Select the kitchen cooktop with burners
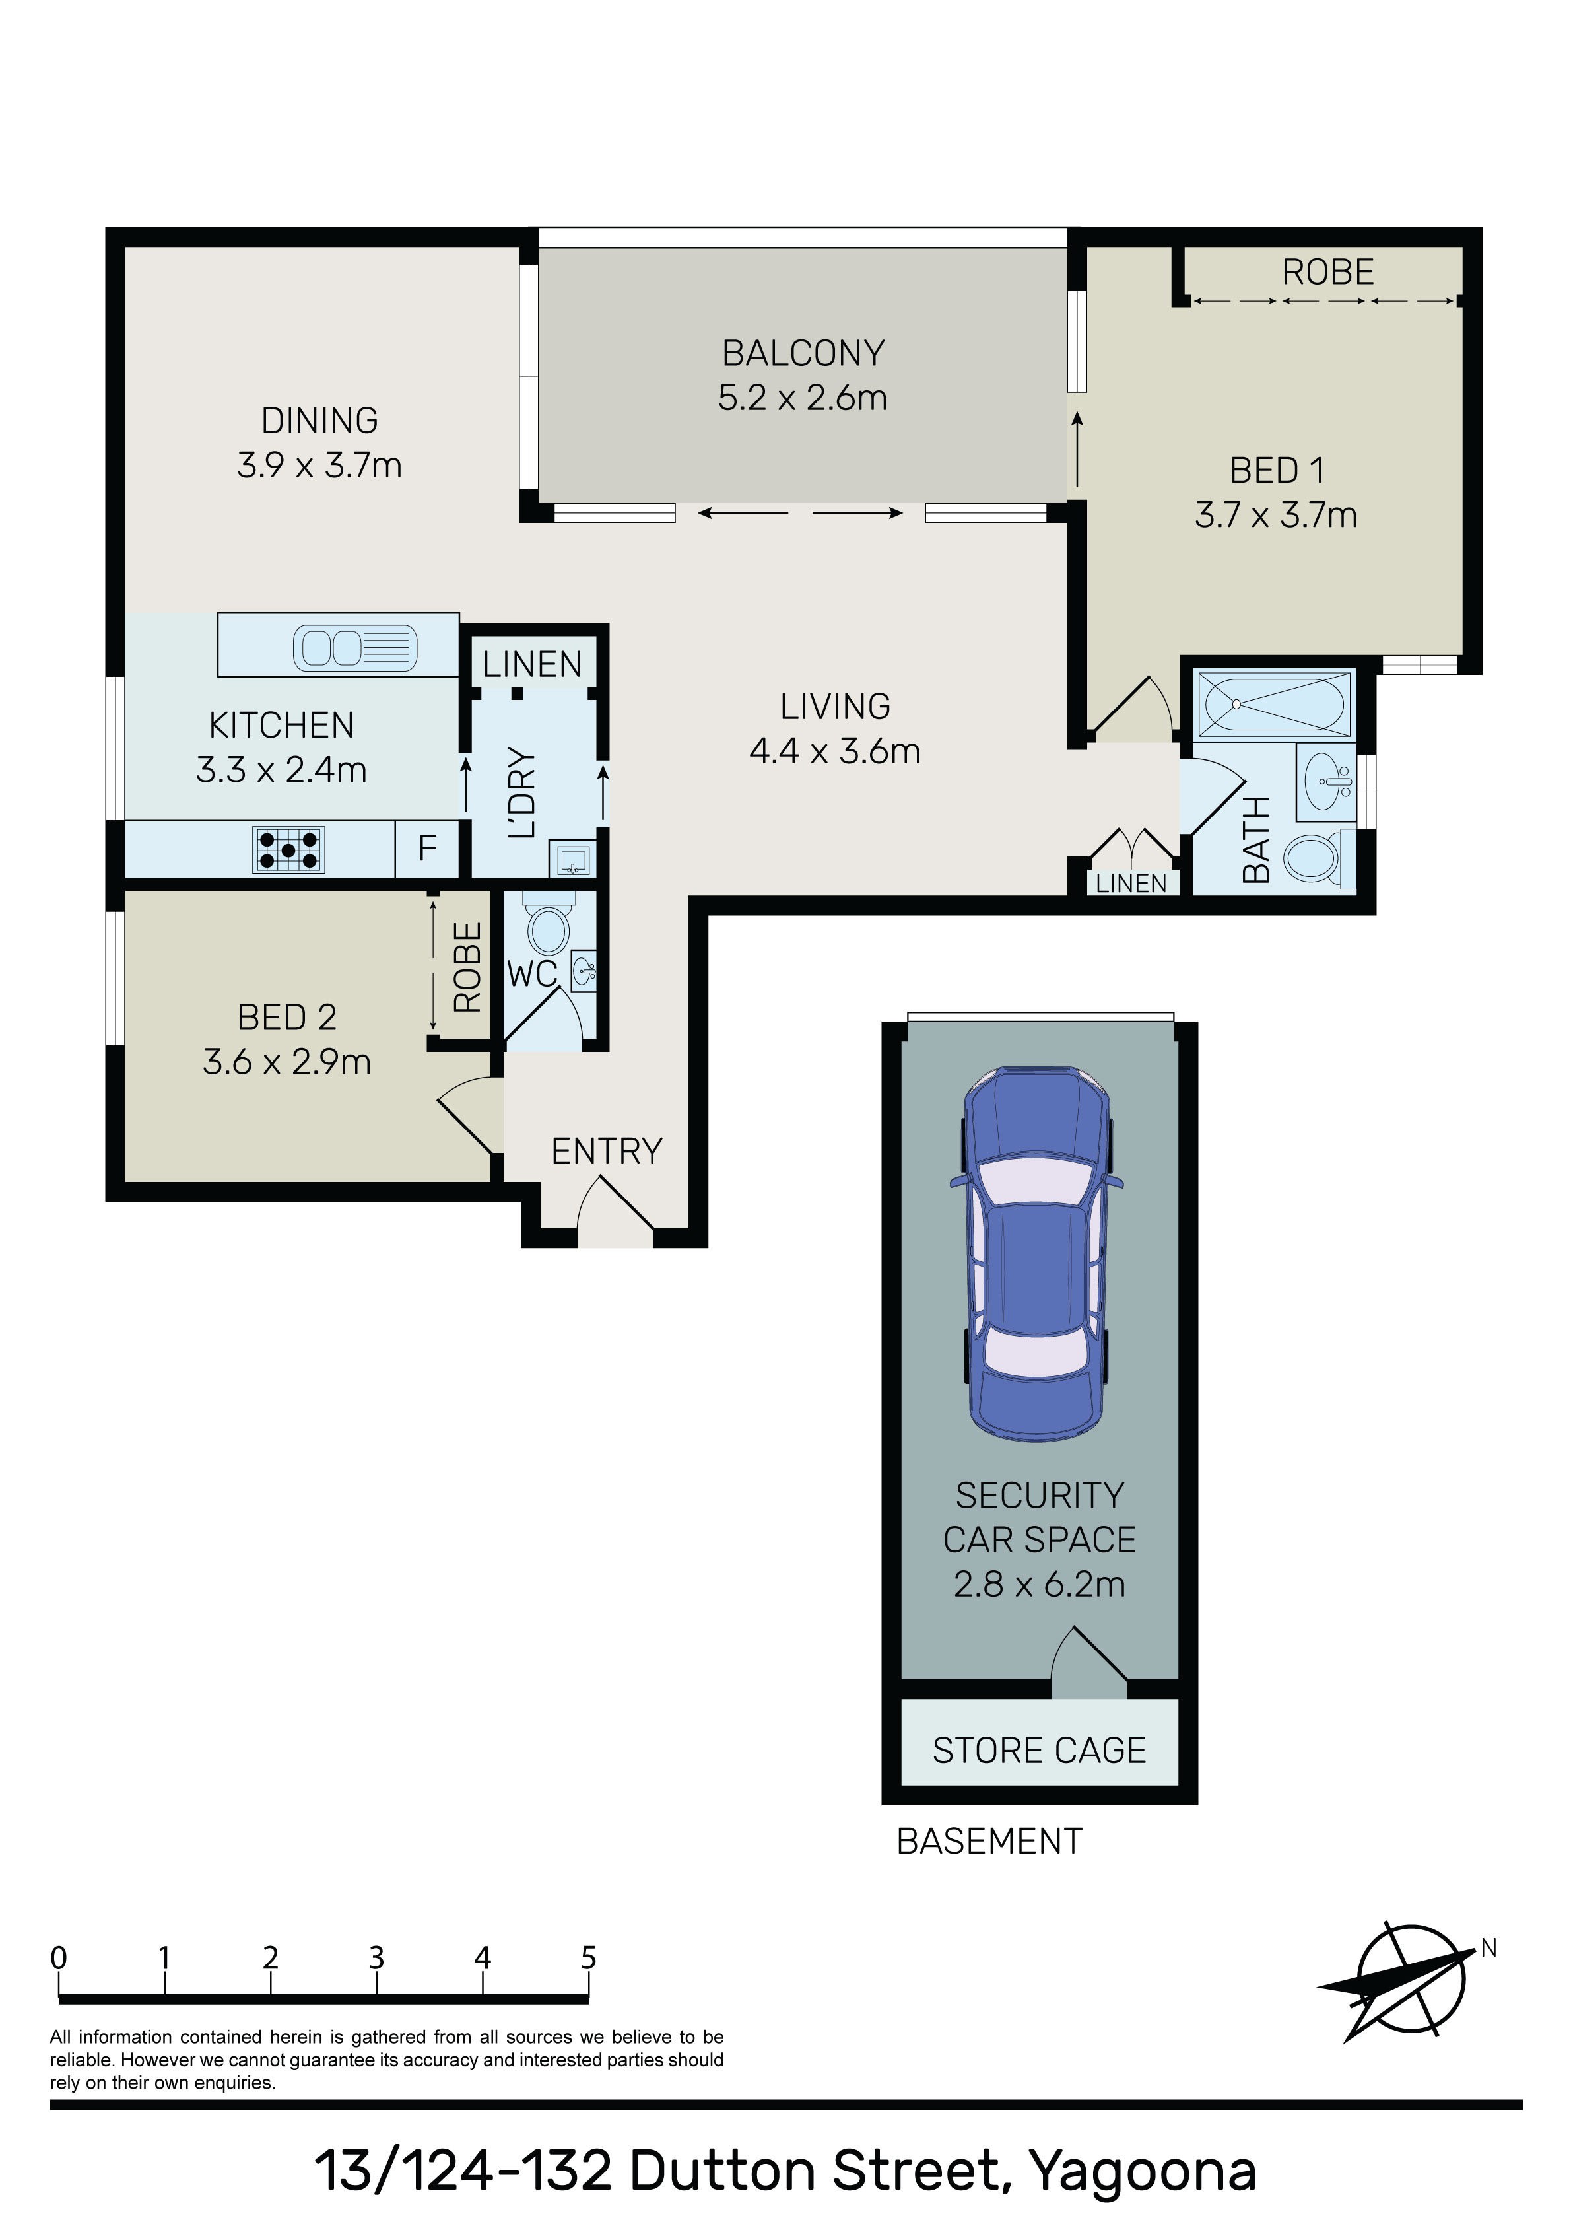(x=288, y=849)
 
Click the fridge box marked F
(x=427, y=849)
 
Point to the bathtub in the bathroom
(x=1273, y=704)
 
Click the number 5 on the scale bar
(x=588, y=1958)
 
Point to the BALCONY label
(x=803, y=353)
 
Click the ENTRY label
(x=607, y=1151)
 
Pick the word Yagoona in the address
(x=1142, y=2172)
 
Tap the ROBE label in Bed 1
(x=1328, y=272)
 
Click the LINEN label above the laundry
(x=532, y=664)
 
